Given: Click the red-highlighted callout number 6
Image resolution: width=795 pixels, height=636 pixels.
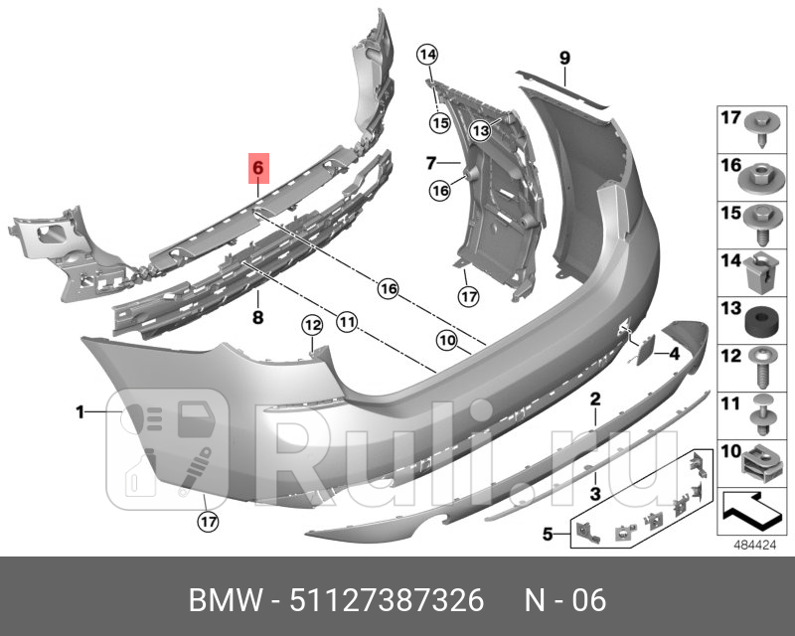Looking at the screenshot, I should click(257, 169).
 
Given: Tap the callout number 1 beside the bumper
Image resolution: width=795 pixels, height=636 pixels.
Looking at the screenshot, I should click(80, 410).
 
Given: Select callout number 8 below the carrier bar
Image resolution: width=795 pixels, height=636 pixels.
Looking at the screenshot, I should click(257, 318).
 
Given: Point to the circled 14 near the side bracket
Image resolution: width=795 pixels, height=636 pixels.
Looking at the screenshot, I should click(427, 55).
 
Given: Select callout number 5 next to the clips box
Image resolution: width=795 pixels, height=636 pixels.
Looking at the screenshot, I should click(547, 535).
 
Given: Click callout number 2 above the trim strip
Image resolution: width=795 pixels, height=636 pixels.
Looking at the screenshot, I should click(595, 399).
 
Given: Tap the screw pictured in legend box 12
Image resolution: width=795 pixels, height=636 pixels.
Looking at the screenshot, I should click(760, 371).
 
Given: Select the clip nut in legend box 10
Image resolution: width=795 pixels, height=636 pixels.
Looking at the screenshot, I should click(760, 461).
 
